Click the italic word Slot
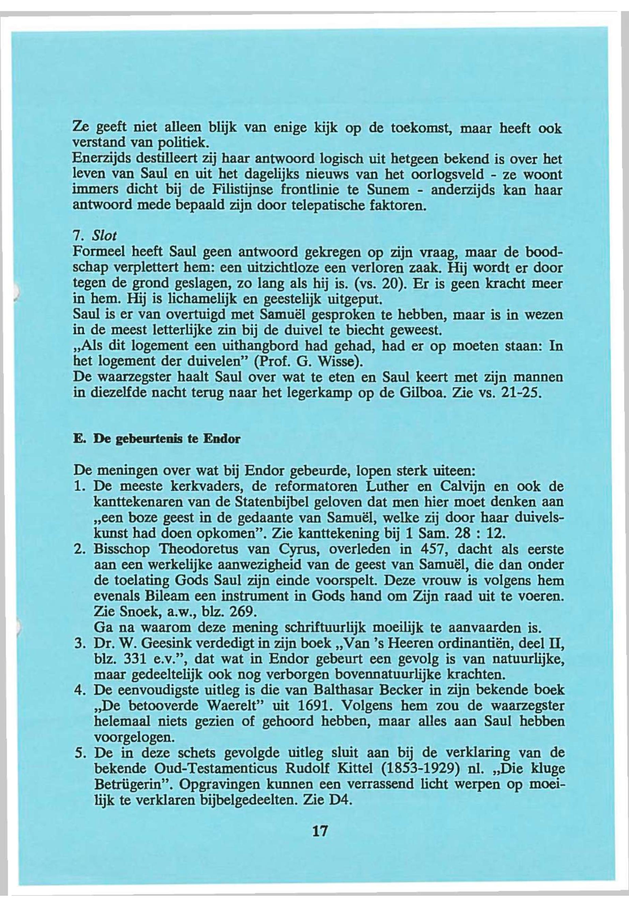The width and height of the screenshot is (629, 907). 104,236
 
